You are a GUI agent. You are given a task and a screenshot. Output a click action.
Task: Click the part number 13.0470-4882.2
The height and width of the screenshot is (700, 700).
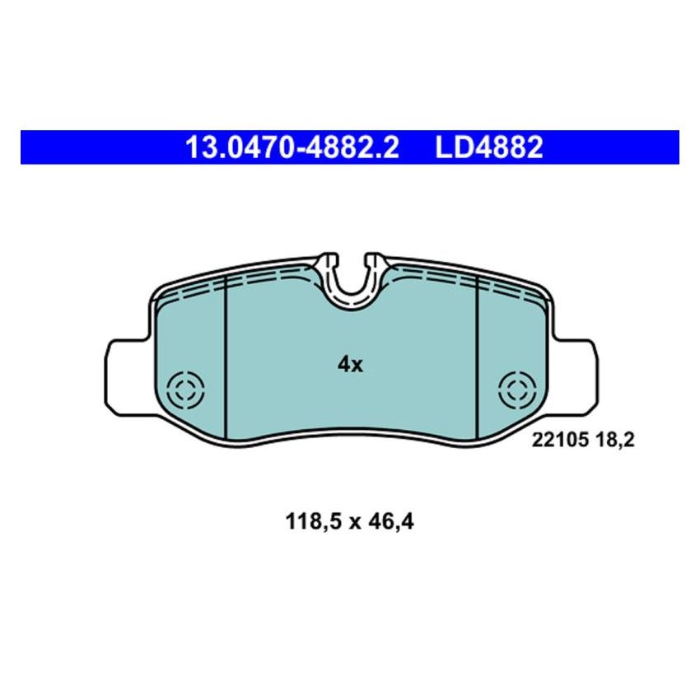pyautogui.click(x=292, y=148)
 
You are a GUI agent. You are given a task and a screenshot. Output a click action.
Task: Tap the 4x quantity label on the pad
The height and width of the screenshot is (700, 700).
pyautogui.click(x=350, y=365)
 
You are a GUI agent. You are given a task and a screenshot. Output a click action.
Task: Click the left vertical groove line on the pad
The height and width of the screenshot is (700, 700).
pyautogui.click(x=225, y=354)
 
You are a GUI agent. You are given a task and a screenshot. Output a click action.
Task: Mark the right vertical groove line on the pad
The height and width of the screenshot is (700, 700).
pyautogui.click(x=478, y=354)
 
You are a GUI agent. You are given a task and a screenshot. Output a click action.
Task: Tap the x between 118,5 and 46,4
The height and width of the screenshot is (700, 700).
pyautogui.click(x=352, y=521)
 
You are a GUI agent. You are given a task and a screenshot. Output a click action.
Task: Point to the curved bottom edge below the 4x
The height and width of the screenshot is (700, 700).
pyautogui.click(x=351, y=432)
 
